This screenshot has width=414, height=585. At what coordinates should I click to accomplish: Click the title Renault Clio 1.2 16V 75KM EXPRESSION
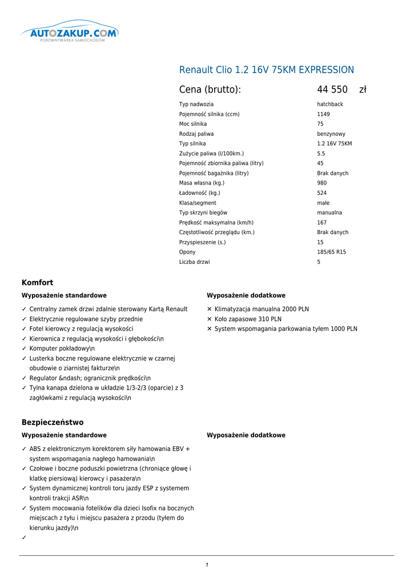pyautogui.click(x=266, y=70)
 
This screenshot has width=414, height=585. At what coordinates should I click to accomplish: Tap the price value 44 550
pyautogui.click(x=332, y=90)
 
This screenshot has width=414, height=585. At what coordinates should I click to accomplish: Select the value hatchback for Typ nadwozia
pyautogui.click(x=330, y=105)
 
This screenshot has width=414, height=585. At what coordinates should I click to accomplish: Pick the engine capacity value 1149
pyautogui.click(x=324, y=114)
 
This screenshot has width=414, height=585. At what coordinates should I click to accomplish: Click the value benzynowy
pyautogui.click(x=331, y=134)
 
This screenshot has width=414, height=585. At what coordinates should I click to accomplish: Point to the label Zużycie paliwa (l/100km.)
pyautogui.click(x=211, y=154)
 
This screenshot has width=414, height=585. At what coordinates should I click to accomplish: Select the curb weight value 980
pyautogui.click(x=322, y=183)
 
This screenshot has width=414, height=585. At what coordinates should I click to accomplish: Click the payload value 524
pyautogui.click(x=322, y=193)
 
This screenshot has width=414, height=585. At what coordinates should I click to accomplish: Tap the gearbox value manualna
pyautogui.click(x=329, y=213)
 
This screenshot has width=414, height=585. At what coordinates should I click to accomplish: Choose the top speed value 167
pyautogui.click(x=322, y=223)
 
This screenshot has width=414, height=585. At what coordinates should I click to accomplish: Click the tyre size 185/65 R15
pyautogui.click(x=331, y=252)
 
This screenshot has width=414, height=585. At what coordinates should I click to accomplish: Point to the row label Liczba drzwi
pyautogui.click(x=194, y=262)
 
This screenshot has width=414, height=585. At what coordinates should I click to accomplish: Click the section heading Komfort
pyautogui.click(x=37, y=283)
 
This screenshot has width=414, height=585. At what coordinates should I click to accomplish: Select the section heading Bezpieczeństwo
pyautogui.click(x=53, y=423)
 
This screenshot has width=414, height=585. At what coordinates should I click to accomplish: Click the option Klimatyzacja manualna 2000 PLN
pyautogui.click(x=262, y=309)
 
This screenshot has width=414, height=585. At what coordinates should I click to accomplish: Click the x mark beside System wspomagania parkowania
pyautogui.click(x=210, y=329)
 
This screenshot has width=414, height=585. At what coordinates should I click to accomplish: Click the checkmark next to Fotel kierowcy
pyautogui.click(x=24, y=329)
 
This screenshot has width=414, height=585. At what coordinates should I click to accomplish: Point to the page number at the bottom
pyautogui.click(x=207, y=565)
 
